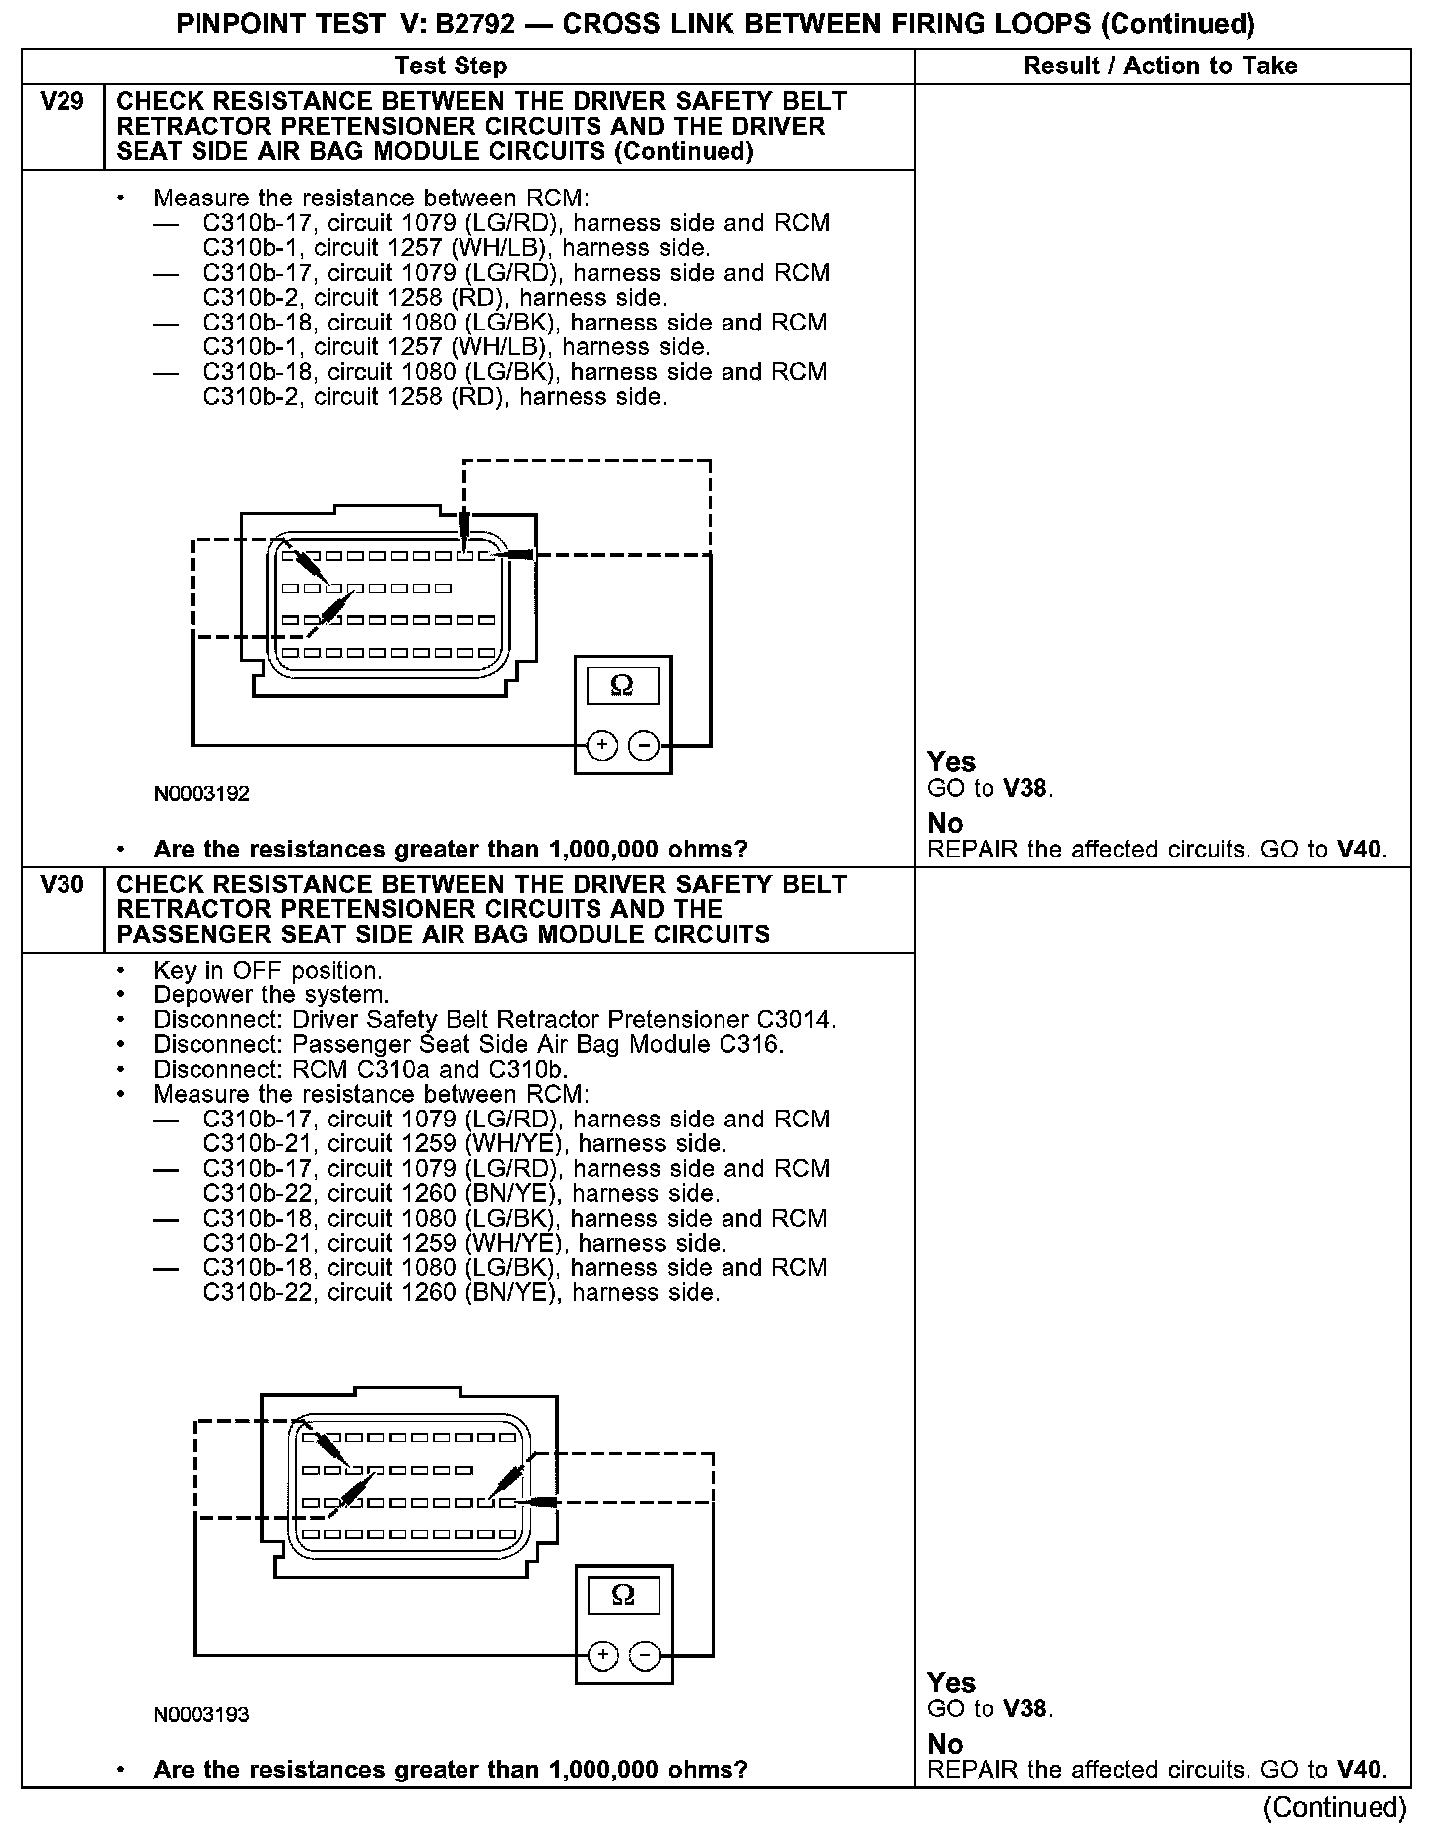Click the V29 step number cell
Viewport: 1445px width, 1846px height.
coord(62,103)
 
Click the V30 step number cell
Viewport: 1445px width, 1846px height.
coord(62,885)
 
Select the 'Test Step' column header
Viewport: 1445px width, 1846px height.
coord(451,66)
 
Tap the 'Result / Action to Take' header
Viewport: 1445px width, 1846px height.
coord(1160,66)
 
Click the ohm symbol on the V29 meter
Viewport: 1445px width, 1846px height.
coord(622,685)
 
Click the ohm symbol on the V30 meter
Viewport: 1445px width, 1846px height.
coord(623,1594)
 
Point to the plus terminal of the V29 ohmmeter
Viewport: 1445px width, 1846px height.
coord(602,745)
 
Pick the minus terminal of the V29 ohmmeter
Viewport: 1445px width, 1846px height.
coord(645,745)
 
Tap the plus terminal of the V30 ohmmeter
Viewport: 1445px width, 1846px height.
coord(603,1654)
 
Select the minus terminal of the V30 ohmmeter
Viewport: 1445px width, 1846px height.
coord(646,1654)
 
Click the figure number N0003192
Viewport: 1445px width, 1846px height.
coord(201,794)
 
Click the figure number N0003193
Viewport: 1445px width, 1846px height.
coord(201,1714)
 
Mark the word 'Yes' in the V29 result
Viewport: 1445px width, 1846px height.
coord(951,762)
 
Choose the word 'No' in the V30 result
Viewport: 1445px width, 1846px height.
coord(945,1744)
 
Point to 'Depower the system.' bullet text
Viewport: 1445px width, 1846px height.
coord(271,995)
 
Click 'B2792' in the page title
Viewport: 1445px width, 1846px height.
coord(475,24)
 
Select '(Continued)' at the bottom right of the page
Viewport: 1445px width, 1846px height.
coord(1335,1807)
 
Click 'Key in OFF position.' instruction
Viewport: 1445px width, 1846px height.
coord(267,971)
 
